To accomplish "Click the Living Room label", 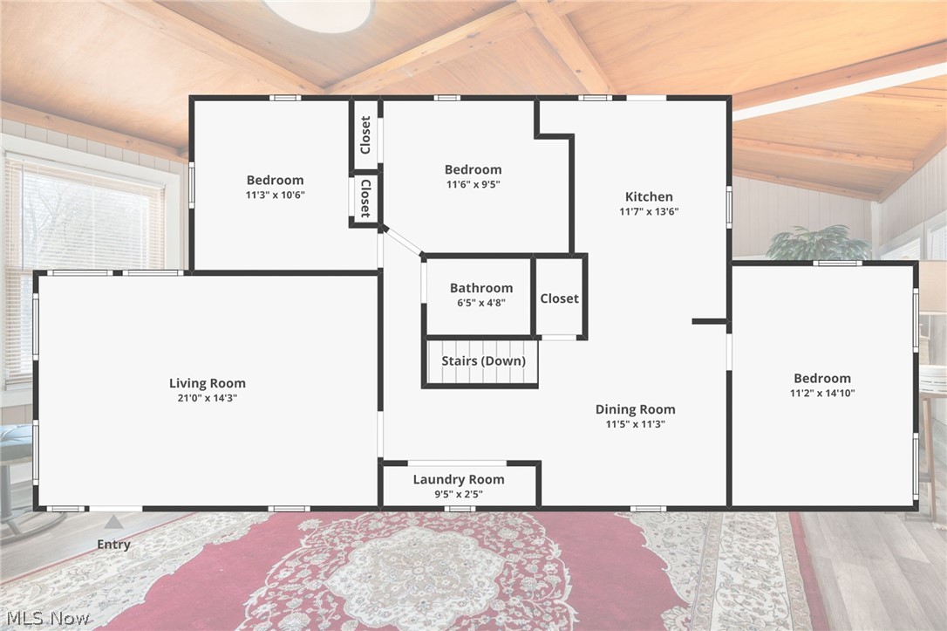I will click(x=208, y=383).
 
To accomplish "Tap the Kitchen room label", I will click(x=649, y=196).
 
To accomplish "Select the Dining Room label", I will click(x=635, y=409).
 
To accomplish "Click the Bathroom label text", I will click(x=480, y=288).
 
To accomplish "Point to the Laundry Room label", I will click(x=459, y=479).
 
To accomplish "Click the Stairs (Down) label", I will click(x=482, y=361).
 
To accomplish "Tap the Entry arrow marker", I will click(x=113, y=522).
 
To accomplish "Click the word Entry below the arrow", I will click(x=113, y=545).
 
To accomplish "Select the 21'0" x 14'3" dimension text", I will click(x=208, y=398).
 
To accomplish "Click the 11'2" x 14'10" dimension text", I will click(x=821, y=393).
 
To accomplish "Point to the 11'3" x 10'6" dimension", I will click(x=275, y=195).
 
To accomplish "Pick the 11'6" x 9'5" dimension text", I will click(x=473, y=184).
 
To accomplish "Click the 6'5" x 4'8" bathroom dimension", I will click(x=480, y=303).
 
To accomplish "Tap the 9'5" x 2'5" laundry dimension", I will click(x=459, y=494).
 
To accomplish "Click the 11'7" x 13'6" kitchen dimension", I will click(x=649, y=211).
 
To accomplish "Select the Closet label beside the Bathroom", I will click(x=559, y=298).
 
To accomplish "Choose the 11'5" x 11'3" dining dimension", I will click(x=635, y=424).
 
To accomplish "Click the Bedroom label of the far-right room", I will click(x=821, y=378).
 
